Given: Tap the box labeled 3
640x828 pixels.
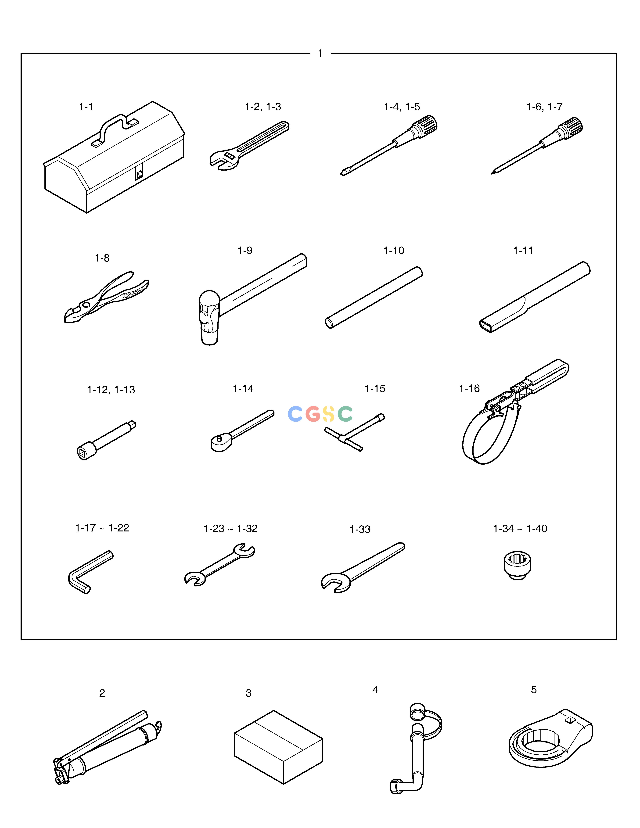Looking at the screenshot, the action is [x=279, y=747].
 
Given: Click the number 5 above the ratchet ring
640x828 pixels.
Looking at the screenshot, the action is [x=534, y=690].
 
